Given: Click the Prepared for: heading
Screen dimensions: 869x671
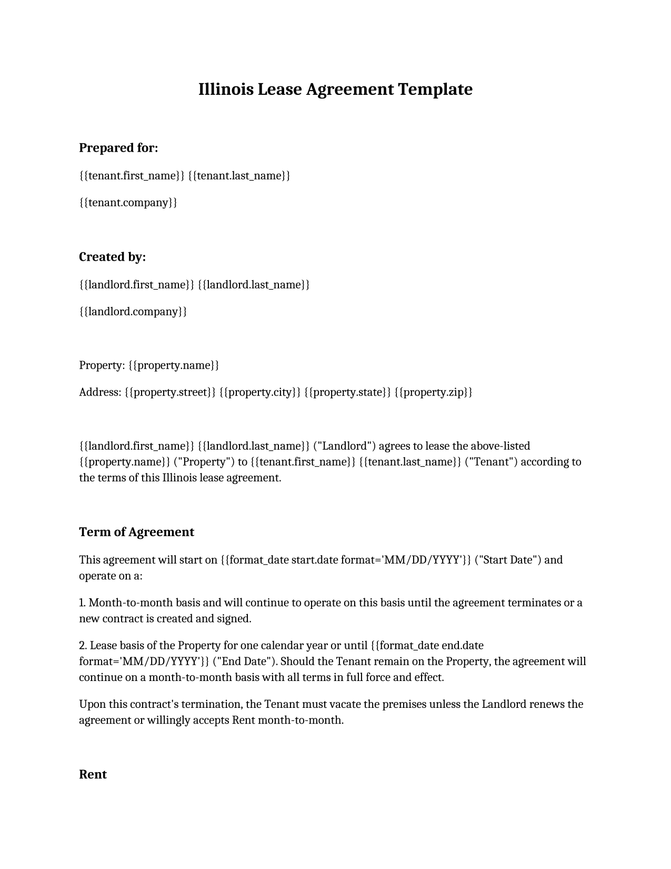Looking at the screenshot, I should click(118, 148).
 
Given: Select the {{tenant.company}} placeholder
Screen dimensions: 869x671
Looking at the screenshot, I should click(128, 202).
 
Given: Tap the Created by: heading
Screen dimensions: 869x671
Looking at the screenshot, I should click(112, 257).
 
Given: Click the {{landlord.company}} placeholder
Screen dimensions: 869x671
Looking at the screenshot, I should click(133, 311).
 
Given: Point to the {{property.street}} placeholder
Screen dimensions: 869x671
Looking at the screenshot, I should click(171, 392).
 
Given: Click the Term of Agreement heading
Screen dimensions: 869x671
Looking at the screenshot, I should click(136, 532).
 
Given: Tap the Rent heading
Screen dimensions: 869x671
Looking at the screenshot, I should click(93, 774).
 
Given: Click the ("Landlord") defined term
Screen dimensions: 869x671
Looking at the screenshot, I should click(344, 446).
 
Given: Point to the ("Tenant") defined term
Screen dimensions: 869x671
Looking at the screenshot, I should click(491, 462).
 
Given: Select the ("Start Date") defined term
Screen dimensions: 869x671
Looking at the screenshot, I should click(507, 559).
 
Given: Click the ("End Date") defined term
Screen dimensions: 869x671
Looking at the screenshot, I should click(244, 661).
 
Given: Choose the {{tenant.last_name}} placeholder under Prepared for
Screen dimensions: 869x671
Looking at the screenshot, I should click(239, 175).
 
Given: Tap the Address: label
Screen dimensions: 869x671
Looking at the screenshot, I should click(100, 392).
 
